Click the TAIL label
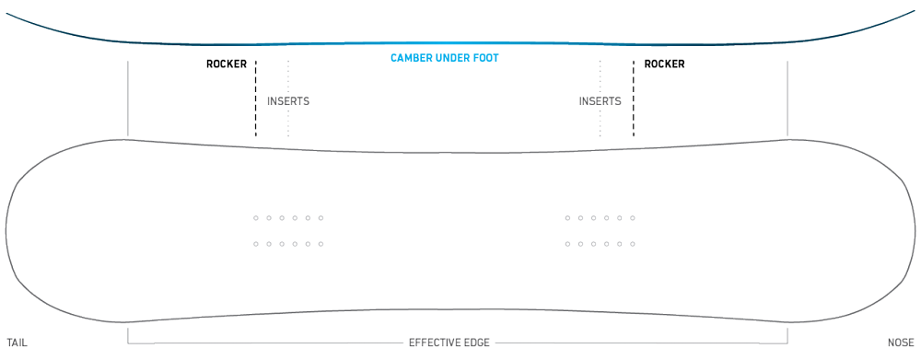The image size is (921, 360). pyautogui.click(x=17, y=343)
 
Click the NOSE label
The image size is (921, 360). pyautogui.click(x=901, y=343)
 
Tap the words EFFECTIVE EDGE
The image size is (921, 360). pyautogui.click(x=449, y=343)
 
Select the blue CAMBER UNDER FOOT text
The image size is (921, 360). pyautogui.click(x=445, y=58)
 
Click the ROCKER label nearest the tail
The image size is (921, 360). pyautogui.click(x=227, y=64)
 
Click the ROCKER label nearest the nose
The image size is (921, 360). pyautogui.click(x=664, y=64)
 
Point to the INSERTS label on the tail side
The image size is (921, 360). pyautogui.click(x=288, y=101)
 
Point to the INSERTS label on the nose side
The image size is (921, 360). pyautogui.click(x=600, y=101)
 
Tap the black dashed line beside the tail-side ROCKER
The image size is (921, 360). pyautogui.click(x=255, y=99)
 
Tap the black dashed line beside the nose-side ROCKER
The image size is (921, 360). pyautogui.click(x=634, y=99)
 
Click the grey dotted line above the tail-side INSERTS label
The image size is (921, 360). pyautogui.click(x=288, y=76)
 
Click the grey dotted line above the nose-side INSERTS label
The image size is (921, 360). pyautogui.click(x=600, y=76)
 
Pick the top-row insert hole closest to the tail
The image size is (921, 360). pyautogui.click(x=255, y=218)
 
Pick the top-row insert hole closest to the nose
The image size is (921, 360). pyautogui.click(x=633, y=218)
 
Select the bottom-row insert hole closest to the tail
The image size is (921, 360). pyautogui.click(x=255, y=244)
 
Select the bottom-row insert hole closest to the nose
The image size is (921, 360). pyautogui.click(x=633, y=244)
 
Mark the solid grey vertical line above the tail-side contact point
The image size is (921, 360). pyautogui.click(x=127, y=99)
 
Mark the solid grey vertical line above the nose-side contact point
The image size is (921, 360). pyautogui.click(x=787, y=99)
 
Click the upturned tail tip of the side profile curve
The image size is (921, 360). pyautogui.click(x=7, y=13)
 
